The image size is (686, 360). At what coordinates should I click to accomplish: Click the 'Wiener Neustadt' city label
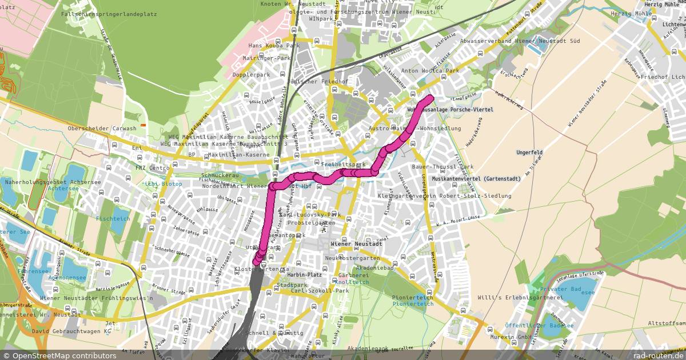click(356, 244)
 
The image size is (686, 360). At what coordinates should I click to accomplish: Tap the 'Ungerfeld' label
click(530, 153)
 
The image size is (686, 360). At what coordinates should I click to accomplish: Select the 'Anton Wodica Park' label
click(430, 71)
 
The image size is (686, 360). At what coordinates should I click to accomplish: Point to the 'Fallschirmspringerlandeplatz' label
click(101, 13)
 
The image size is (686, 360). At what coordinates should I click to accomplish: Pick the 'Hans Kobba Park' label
click(274, 46)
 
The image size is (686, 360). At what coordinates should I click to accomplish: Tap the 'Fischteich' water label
click(113, 219)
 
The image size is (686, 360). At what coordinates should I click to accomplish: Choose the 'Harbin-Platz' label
click(305, 274)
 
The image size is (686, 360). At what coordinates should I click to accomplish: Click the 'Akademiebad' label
click(374, 268)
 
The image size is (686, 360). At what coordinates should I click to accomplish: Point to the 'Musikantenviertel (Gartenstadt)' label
click(476, 179)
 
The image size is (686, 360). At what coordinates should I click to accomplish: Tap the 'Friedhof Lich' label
click(663, 77)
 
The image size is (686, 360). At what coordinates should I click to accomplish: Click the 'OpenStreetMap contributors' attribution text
click(64, 355)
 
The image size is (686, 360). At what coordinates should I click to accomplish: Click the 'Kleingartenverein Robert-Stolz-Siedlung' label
click(444, 196)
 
